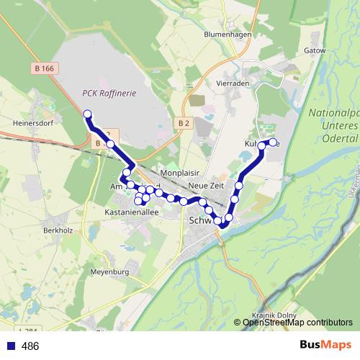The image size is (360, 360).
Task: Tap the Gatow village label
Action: tap(315, 51)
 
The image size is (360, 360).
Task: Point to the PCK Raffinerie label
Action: tap(109, 93)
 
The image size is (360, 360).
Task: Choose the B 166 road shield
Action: tap(45, 68)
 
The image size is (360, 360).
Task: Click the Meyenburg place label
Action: tap(109, 272)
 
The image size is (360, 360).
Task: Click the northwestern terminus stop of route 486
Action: tap(87, 114)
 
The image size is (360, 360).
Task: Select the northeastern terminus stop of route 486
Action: tap(273, 142)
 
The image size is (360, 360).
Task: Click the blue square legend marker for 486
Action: tap(9, 346)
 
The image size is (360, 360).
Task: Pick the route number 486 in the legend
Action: tap(30, 346)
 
